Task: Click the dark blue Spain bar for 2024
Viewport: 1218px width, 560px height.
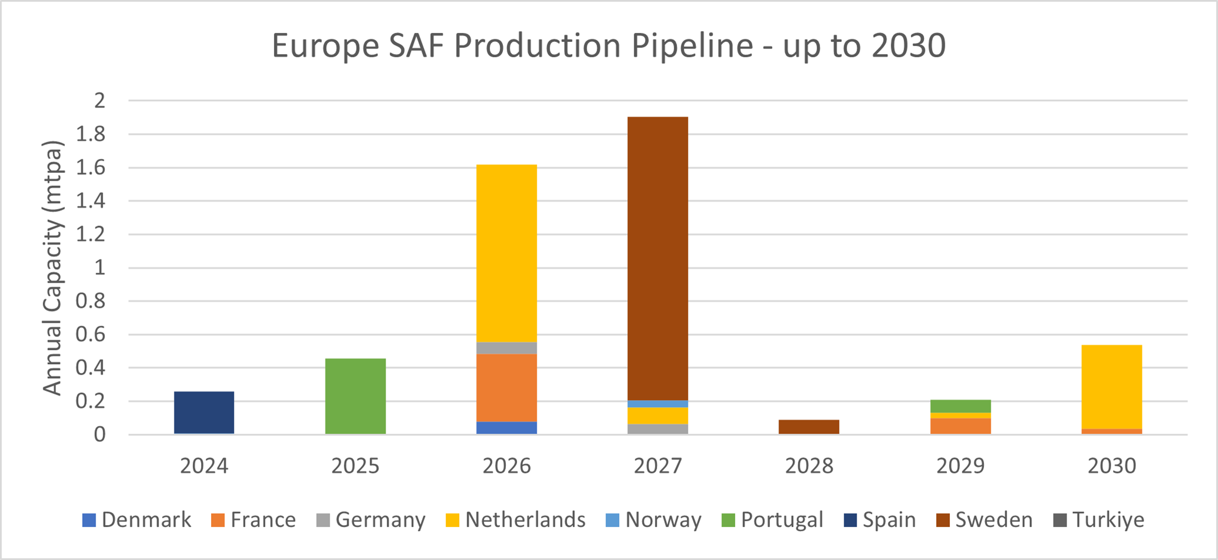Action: [204, 412]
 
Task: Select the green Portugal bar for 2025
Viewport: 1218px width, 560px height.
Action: [355, 396]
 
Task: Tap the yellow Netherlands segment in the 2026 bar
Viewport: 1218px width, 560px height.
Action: [506, 253]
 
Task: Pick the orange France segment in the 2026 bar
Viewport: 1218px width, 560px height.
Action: [506, 388]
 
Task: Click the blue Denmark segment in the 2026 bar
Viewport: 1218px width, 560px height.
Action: [506, 428]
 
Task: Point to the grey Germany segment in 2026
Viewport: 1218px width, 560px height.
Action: [506, 348]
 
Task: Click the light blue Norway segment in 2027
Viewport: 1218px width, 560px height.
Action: [657, 404]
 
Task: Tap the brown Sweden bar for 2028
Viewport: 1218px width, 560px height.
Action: [809, 427]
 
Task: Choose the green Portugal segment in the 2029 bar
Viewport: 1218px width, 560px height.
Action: [960, 406]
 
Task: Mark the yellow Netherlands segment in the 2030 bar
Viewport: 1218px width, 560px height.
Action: [1111, 387]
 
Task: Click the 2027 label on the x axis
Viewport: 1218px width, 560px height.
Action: [657, 466]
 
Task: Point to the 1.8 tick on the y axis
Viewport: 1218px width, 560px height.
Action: [90, 135]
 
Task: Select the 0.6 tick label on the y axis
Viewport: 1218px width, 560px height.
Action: [90, 335]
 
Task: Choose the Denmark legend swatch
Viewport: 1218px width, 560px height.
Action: [89, 520]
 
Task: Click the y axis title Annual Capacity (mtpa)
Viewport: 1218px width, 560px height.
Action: [52, 268]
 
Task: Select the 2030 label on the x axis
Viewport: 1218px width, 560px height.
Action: [1111, 466]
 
